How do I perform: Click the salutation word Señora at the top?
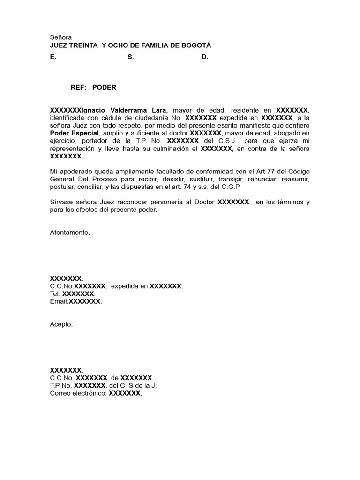(60, 37)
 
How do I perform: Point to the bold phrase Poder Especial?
(75, 133)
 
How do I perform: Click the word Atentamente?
(69, 232)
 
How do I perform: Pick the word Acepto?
(61, 324)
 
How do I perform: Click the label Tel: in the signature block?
(55, 294)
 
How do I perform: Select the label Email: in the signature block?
(59, 301)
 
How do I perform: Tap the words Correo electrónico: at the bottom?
(78, 393)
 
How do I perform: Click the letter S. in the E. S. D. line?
(130, 57)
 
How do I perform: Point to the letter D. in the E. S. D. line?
(205, 57)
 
